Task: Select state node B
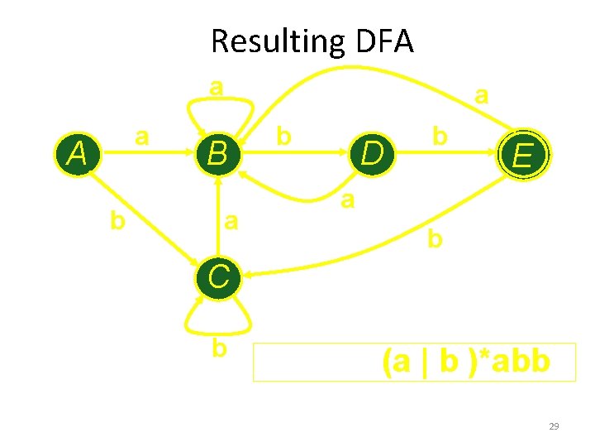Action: tap(218, 154)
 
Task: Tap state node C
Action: tap(218, 276)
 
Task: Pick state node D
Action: tap(373, 154)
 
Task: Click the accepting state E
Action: tap(521, 155)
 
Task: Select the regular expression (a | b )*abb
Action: tap(465, 361)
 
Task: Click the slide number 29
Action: tap(554, 426)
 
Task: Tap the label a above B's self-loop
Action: tap(217, 86)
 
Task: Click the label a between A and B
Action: tap(142, 136)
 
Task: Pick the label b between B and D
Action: tap(283, 136)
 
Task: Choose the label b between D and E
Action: tap(440, 135)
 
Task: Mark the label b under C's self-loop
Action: tap(218, 348)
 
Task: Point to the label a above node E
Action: tap(481, 96)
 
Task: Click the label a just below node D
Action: tap(349, 199)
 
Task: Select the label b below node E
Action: tap(435, 240)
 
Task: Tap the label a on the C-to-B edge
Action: tap(232, 221)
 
